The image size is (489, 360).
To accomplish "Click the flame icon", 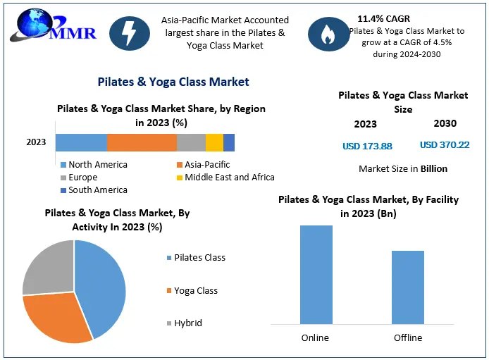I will tap(327, 35).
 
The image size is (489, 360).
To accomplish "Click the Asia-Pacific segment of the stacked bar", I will tap(142, 142).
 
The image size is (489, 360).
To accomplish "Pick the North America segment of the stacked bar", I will tap(81, 142).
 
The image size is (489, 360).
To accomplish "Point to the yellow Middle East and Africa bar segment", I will tap(214, 142).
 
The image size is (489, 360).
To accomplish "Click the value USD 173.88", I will tap(367, 147).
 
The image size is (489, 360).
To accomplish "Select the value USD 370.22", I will tap(445, 145).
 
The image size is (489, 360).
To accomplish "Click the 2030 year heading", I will tap(445, 123).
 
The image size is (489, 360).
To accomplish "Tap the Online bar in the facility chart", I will tap(315, 275).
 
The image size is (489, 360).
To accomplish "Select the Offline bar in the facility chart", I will tap(407, 287).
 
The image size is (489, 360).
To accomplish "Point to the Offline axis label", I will tap(407, 337).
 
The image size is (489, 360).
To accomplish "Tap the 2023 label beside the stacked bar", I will tap(36, 142).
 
